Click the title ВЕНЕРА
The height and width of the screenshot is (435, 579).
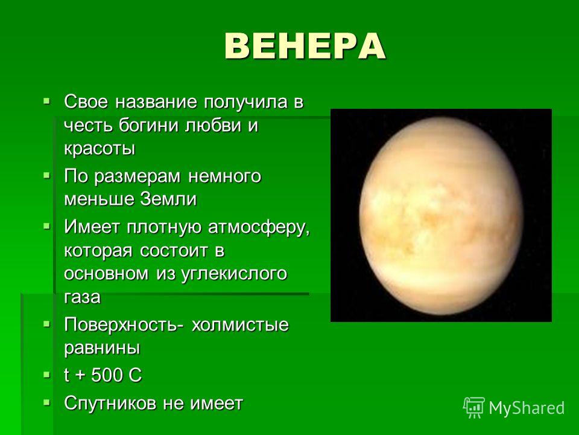pyautogui.click(x=305, y=47)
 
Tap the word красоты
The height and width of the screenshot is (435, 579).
pyautogui.click(x=100, y=149)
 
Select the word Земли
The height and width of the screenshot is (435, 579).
pyautogui.click(x=168, y=199)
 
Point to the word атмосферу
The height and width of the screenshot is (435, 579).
pyautogui.click(x=259, y=227)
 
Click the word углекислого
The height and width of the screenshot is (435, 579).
pyautogui.click(x=234, y=274)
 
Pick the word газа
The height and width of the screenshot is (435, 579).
pyautogui.click(x=82, y=297)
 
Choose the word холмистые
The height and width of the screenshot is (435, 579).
pyautogui.click(x=240, y=325)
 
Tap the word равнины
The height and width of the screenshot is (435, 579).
pyautogui.click(x=102, y=349)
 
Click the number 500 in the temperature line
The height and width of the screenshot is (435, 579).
pyautogui.click(x=106, y=375)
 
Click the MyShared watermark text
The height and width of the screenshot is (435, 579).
pyautogui.click(x=527, y=408)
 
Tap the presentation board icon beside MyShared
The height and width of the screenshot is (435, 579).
pyautogui.click(x=474, y=408)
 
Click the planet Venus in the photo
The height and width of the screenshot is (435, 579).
pyautogui.click(x=441, y=216)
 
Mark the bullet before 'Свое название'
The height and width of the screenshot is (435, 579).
pyautogui.click(x=46, y=100)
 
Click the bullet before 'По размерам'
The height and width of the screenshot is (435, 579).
pyautogui.click(x=46, y=175)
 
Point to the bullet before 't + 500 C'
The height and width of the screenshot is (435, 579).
pyautogui.click(x=46, y=375)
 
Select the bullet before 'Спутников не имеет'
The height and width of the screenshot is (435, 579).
pyautogui.click(x=46, y=402)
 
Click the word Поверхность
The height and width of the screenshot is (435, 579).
pyautogui.click(x=124, y=325)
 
